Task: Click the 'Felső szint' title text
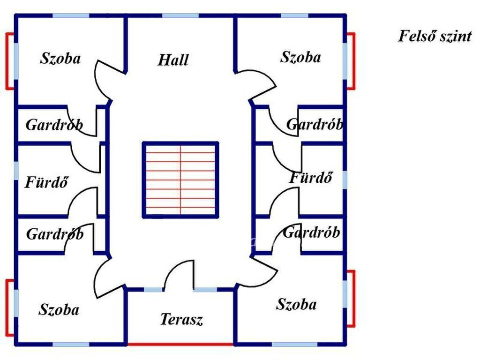(435, 36)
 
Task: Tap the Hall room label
(173, 60)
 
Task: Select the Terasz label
(181, 319)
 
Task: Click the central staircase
(180, 180)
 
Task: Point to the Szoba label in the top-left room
(60, 58)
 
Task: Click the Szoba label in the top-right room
(300, 57)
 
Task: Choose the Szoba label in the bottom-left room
(59, 309)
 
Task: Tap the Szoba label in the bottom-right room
(296, 304)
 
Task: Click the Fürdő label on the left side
(46, 182)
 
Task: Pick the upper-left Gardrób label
(54, 125)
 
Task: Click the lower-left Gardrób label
(55, 234)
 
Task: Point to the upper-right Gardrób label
(315, 124)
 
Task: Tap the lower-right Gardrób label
(311, 232)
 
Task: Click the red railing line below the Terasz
(180, 345)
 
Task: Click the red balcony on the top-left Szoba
(10, 61)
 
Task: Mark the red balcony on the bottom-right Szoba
(351, 299)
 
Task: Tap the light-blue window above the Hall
(180, 15)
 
